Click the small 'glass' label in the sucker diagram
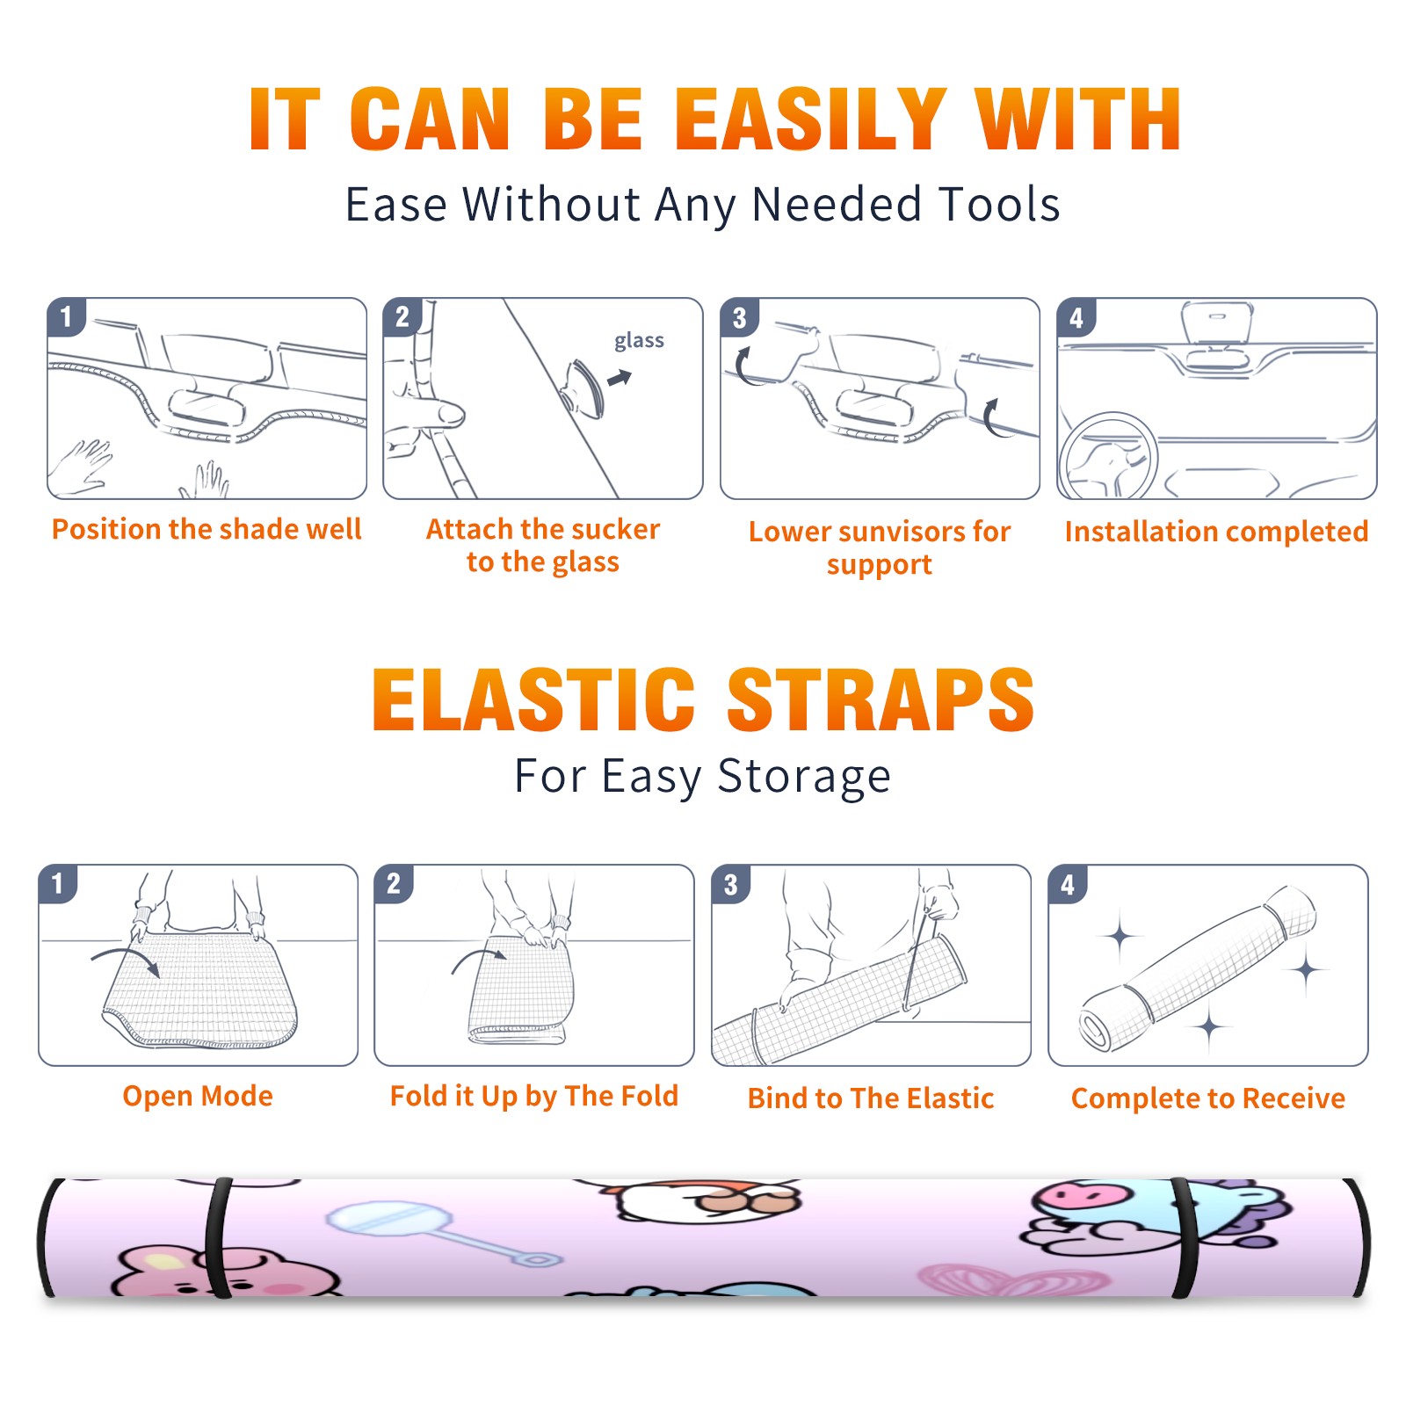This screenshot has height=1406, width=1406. coord(639,341)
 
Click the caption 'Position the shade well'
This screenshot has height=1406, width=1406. coord(207,529)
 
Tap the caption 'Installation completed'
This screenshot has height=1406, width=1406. coord(1216,531)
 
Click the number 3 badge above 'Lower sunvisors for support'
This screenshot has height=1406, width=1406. coord(740,318)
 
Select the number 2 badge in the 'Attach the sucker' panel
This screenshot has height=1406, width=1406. coord(402,317)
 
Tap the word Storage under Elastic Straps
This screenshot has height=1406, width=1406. coord(804,777)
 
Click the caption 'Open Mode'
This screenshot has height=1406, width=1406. coord(198,1096)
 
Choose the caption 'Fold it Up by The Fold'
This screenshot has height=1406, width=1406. coord(534,1096)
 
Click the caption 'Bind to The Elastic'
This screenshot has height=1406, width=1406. coord(871,1098)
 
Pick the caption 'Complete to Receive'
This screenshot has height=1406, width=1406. coord(1208,1098)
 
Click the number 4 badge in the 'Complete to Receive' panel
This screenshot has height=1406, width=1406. coord(1068,885)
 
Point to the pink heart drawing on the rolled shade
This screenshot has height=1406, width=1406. coord(1012,1279)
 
